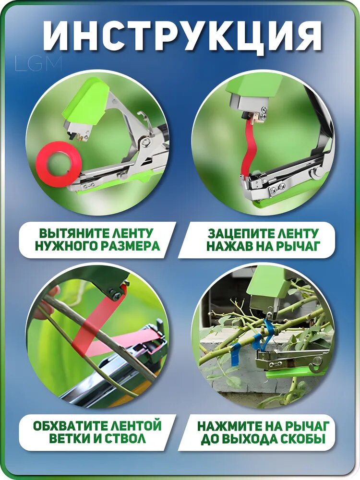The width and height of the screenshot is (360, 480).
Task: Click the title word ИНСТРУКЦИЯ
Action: click(182, 36)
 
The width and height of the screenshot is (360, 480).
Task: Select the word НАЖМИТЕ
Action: click(229, 426)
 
